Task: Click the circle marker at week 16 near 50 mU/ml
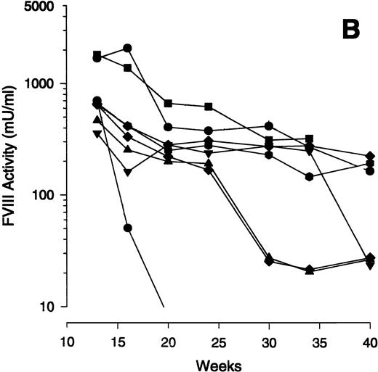pyautogui.click(x=128, y=228)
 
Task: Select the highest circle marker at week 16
pyautogui.click(x=128, y=48)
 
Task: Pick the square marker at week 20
pyautogui.click(x=168, y=104)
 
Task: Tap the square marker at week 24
pyautogui.click(x=209, y=107)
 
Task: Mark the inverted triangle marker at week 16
pyautogui.click(x=128, y=173)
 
